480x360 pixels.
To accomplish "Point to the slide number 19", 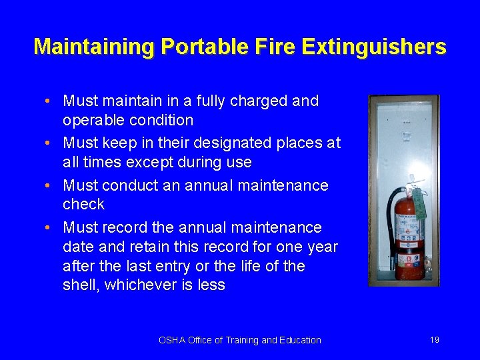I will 435,340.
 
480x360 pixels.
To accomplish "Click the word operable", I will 94,121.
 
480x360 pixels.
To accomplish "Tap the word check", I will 83,204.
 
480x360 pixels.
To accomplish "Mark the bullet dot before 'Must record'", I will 51,228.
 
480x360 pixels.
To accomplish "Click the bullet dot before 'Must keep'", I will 51,143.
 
